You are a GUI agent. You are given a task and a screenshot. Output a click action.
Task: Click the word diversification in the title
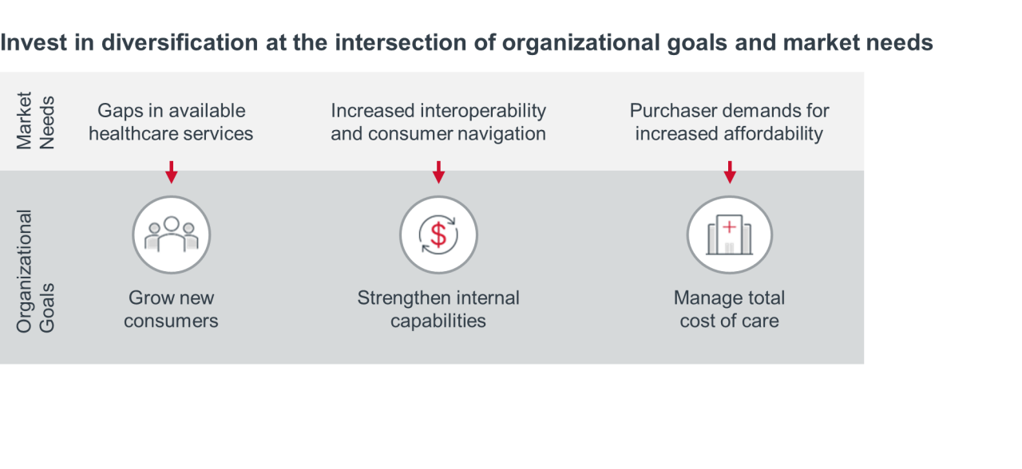[x=180, y=42]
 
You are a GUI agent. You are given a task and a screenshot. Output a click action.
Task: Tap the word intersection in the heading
[x=401, y=42]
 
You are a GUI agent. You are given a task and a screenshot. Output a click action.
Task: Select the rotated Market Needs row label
[x=36, y=120]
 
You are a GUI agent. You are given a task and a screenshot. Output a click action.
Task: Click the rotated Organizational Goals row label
[x=36, y=271]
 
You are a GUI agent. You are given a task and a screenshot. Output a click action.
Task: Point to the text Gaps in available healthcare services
[x=171, y=122]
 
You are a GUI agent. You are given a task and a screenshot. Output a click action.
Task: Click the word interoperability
[x=484, y=111]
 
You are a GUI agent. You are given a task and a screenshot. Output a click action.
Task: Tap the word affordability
[x=773, y=134]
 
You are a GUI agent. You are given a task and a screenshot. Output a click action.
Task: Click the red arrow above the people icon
[x=172, y=172]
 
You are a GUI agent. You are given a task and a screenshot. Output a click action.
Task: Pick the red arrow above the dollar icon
[x=438, y=172]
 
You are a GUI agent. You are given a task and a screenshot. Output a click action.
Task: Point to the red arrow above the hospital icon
[x=730, y=172]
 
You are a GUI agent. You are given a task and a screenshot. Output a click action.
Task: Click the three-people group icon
[x=172, y=235]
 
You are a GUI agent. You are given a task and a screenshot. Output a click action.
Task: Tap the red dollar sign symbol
[x=438, y=235]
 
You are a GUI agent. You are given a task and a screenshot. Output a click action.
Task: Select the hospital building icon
[x=730, y=235]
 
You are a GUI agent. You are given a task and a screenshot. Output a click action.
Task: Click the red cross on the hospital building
[x=730, y=227]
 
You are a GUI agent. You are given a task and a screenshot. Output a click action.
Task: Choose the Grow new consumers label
[x=171, y=309]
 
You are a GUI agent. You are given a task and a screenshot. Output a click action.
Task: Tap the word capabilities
[x=438, y=321]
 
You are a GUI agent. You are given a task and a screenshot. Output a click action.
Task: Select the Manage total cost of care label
[x=730, y=309]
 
